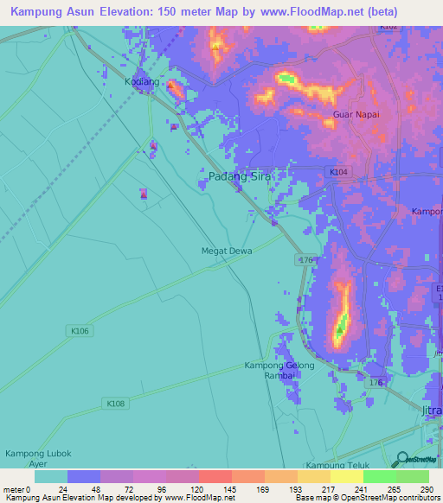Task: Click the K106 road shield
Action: pyautogui.click(x=79, y=330)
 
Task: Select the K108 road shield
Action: pyautogui.click(x=115, y=403)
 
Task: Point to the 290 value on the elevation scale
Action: pyautogui.click(x=426, y=489)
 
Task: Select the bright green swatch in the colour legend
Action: pyautogui.click(x=379, y=476)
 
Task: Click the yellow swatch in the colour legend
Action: pyautogui.click(x=346, y=476)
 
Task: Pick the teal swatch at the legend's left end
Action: pyautogui.click(x=51, y=476)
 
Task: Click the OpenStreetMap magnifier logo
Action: pyautogui.click(x=401, y=461)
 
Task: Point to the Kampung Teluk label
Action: pyautogui.click(x=337, y=466)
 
